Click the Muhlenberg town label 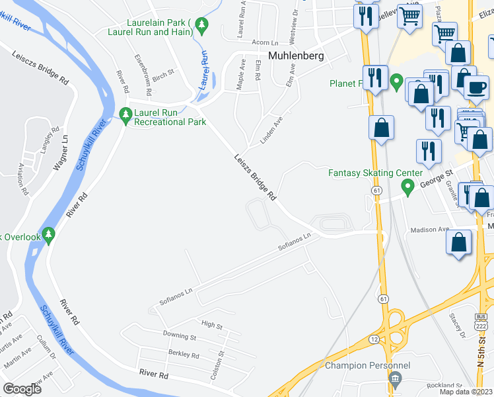(296, 56)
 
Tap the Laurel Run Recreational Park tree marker (125, 116)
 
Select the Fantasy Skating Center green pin (408, 189)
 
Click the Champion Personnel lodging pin (395, 379)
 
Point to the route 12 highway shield (374, 339)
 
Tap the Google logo (22, 389)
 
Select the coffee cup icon (476, 87)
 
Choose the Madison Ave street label (429, 230)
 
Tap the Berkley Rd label (184, 355)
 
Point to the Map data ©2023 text (466, 392)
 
